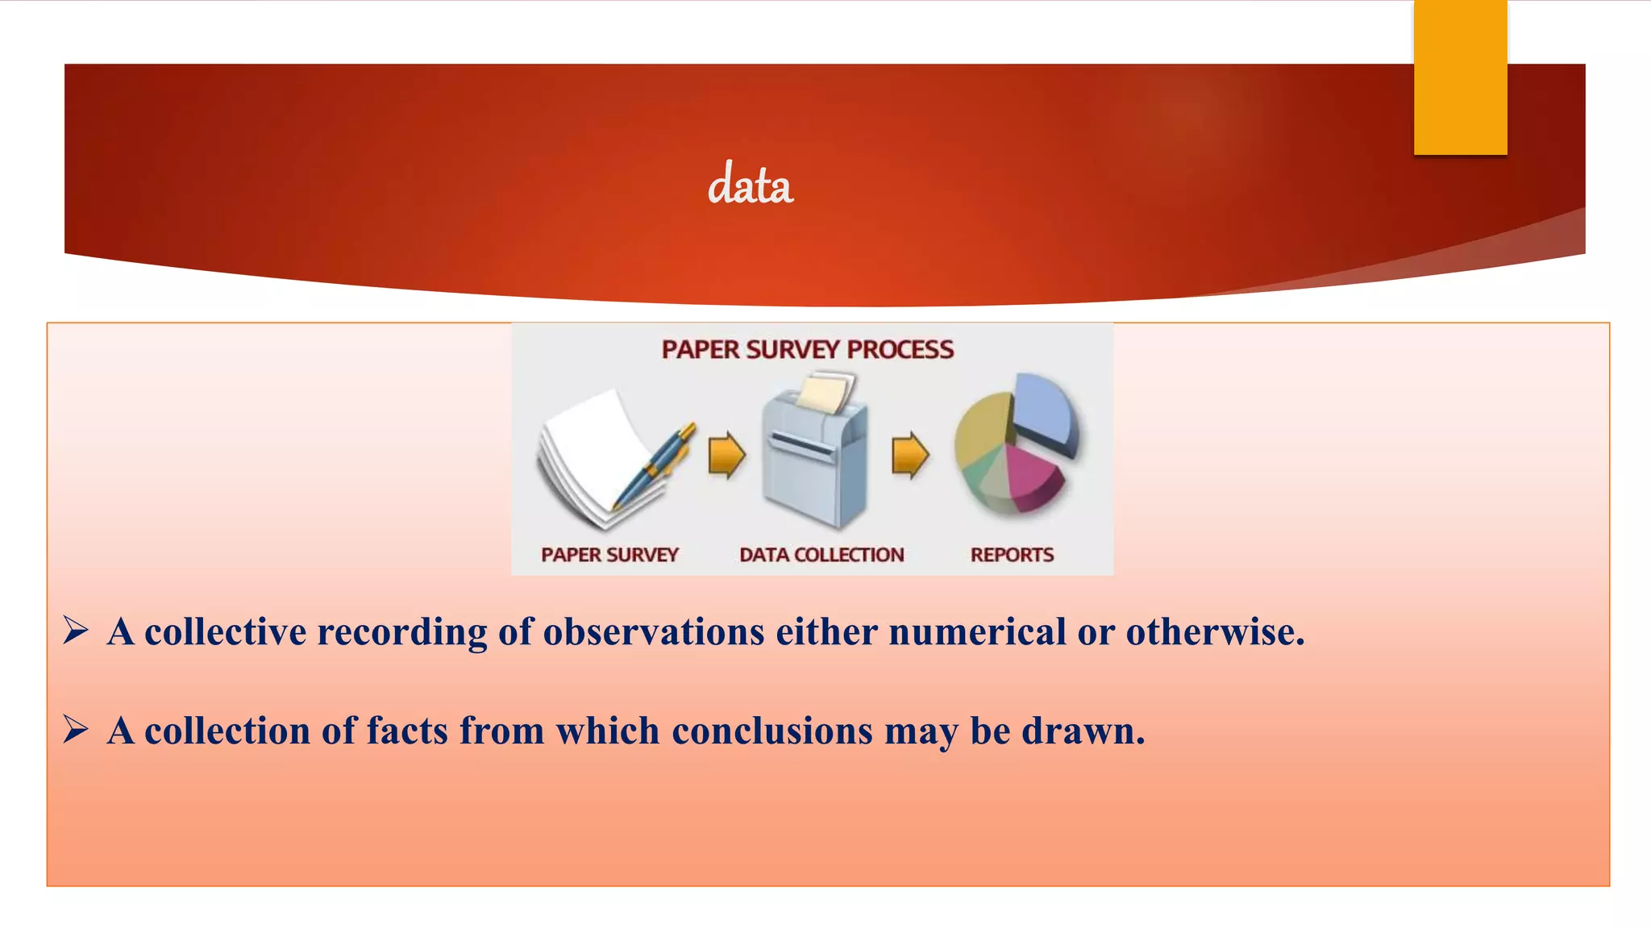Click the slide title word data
coord(750,185)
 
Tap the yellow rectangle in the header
coord(1460,77)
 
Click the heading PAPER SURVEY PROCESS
coord(807,350)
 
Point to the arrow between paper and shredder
coord(726,455)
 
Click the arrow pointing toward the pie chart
coord(910,455)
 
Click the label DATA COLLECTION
coord(821,555)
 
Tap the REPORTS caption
coord(1012,555)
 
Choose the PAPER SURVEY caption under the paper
coord(609,555)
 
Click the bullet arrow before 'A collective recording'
coord(76,630)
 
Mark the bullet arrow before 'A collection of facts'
coord(76,729)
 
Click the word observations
coord(653,631)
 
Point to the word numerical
coord(977,631)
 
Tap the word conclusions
coord(771,731)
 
